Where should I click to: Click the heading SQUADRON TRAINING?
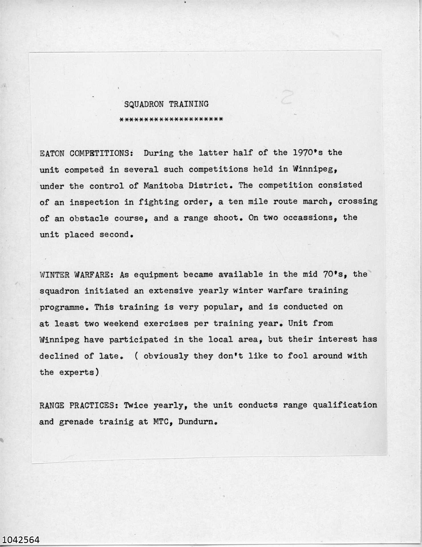[x=166, y=104]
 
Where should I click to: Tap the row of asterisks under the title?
[x=171, y=119]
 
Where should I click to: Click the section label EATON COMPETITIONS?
[x=86, y=154]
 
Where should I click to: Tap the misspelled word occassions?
[x=305, y=218]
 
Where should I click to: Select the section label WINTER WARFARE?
[x=77, y=275]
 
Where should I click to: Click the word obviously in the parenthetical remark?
[x=166, y=356]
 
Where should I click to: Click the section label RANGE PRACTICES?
[x=79, y=405]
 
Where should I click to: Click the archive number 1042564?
[x=20, y=540]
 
